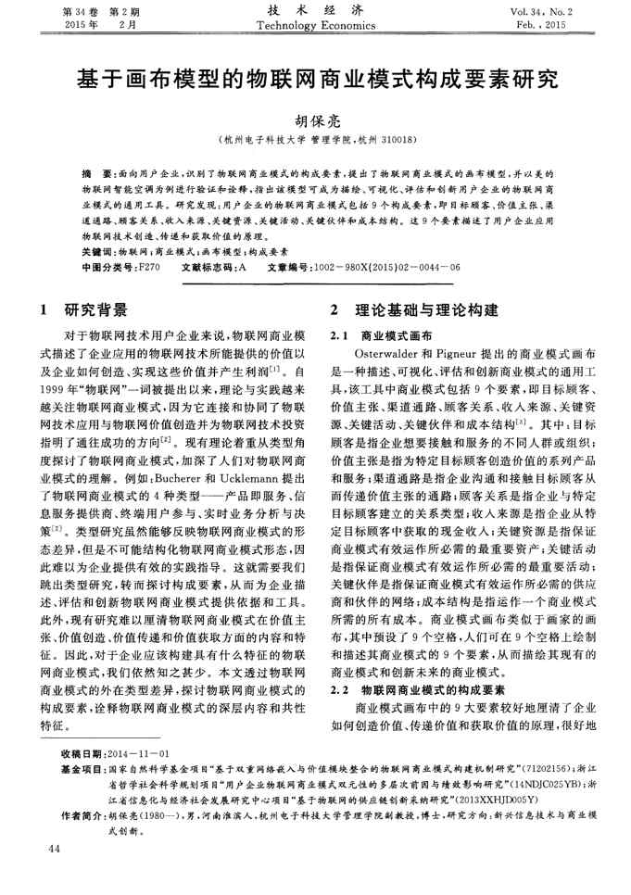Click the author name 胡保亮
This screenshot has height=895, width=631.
point(316,120)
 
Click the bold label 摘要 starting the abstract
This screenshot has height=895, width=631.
point(91,174)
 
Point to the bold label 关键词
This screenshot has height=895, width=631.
point(95,251)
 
